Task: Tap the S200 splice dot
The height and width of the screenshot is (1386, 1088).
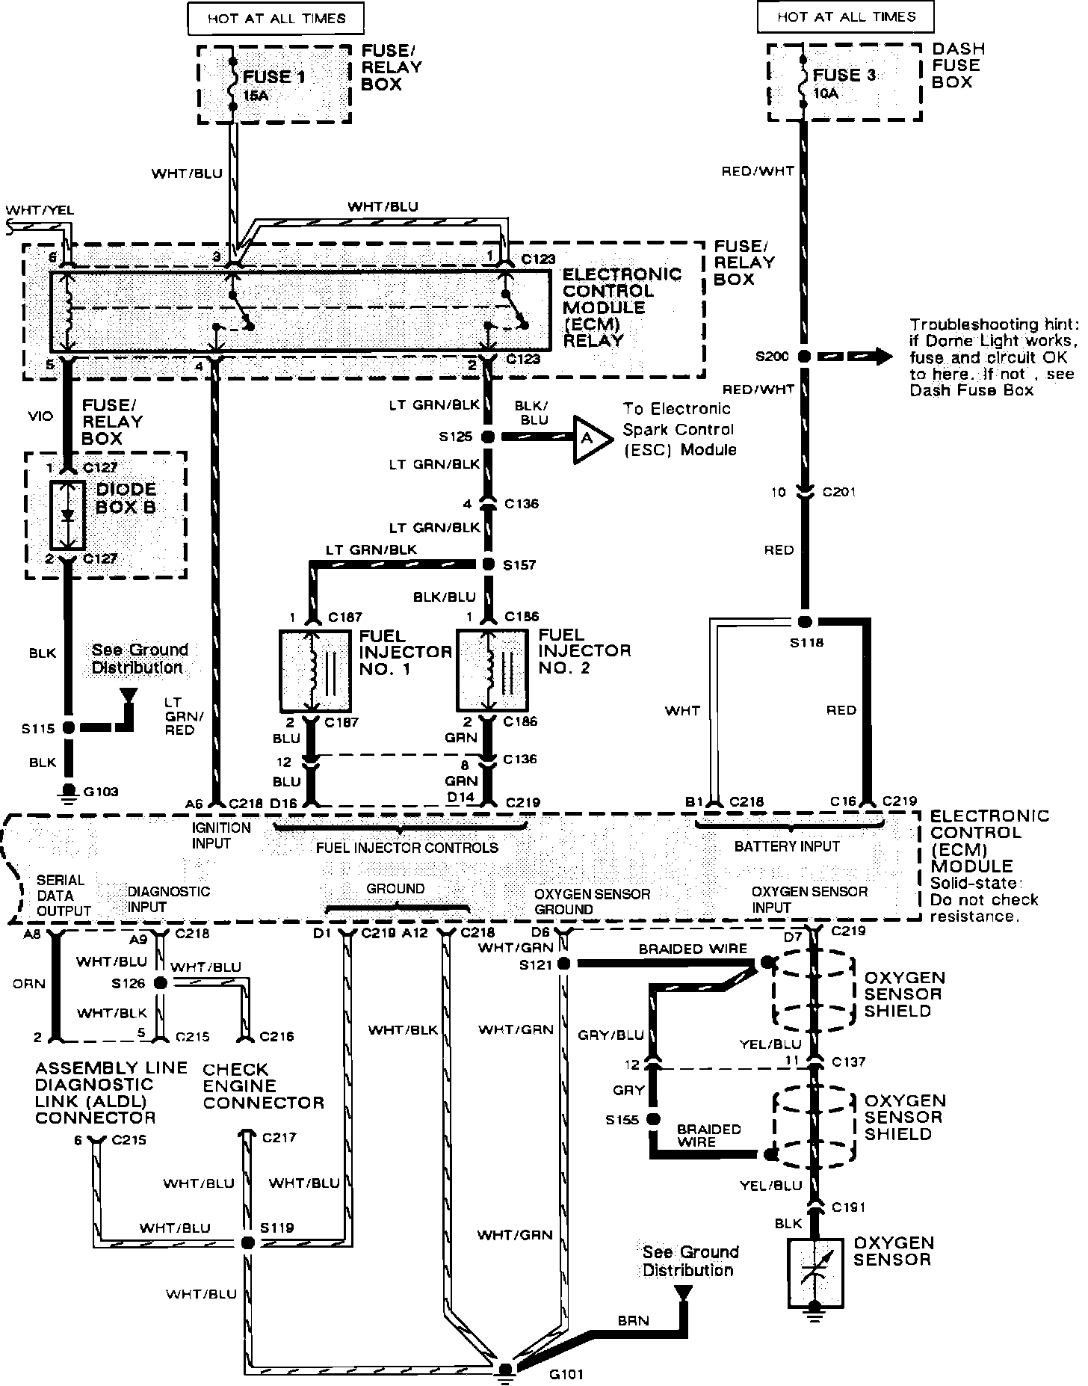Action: [804, 357]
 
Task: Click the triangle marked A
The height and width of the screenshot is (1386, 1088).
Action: [587, 439]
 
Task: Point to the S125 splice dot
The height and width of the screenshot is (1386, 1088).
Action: [488, 437]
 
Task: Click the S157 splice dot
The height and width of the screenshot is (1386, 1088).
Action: [488, 564]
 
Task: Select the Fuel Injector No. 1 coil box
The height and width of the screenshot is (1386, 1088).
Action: [315, 671]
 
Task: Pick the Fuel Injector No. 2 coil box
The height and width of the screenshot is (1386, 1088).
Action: [492, 670]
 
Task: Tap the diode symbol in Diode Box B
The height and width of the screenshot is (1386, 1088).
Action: [68, 516]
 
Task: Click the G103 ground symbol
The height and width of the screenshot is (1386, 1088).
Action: [69, 790]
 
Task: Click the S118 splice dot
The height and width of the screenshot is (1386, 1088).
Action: [804, 622]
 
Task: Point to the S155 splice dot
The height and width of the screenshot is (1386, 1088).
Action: [653, 1120]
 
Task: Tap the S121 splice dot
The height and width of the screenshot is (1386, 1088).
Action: [563, 964]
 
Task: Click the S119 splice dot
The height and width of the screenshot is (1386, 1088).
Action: [247, 1242]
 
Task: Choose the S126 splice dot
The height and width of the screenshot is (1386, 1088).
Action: [160, 984]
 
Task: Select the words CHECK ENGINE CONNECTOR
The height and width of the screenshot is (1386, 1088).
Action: [264, 1086]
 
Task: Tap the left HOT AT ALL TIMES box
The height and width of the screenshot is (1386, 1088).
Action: [276, 19]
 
